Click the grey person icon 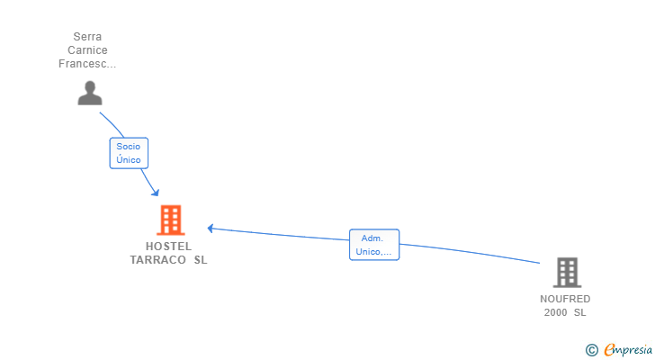90,93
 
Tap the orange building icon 170,220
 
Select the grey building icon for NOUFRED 567,272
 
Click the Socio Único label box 129,153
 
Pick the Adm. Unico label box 373,245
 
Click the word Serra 88,37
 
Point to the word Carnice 88,50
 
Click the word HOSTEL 168,246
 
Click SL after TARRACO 200,260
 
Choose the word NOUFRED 565,299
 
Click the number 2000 555,312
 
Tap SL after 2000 579,312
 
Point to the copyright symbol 591,349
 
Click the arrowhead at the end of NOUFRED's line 211,228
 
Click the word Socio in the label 129,146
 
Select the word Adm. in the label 372,238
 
